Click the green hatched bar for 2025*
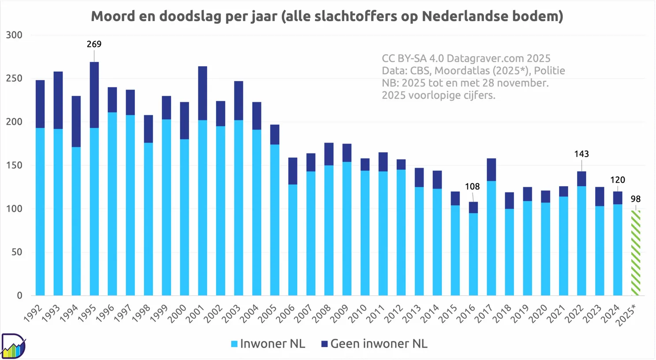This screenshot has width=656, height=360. click(635, 253)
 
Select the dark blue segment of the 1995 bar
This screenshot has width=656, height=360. click(94, 95)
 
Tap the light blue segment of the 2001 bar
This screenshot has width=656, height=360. click(202, 207)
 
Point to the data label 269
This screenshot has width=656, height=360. click(94, 44)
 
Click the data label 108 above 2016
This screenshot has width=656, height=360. click(472, 187)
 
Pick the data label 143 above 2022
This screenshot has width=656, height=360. click(581, 154)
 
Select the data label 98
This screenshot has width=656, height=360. click(635, 199)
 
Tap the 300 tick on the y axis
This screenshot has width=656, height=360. click(14, 35)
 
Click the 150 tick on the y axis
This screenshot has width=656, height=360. click(14, 165)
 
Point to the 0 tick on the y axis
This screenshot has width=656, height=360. click(19, 296)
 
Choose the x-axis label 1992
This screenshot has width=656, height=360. click(34, 314)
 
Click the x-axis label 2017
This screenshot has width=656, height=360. click(484, 314)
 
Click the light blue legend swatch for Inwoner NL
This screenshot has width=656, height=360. click(235, 344)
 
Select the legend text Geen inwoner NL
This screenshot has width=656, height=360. click(379, 344)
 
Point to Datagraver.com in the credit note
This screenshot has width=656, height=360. click(485, 58)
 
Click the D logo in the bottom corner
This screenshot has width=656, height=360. click(13, 346)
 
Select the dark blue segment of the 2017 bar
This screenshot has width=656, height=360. click(491, 169)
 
